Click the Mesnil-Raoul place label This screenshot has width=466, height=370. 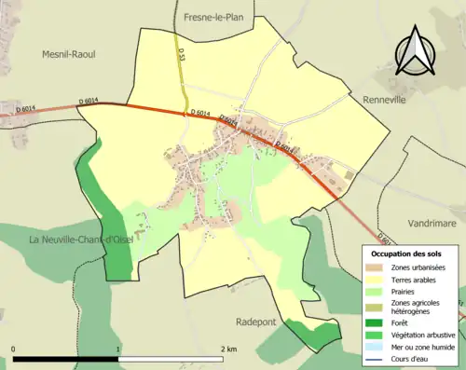click(69, 54)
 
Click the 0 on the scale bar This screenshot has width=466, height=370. click(13, 349)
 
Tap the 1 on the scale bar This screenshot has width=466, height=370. click(117, 349)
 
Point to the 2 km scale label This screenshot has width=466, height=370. click(227, 349)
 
